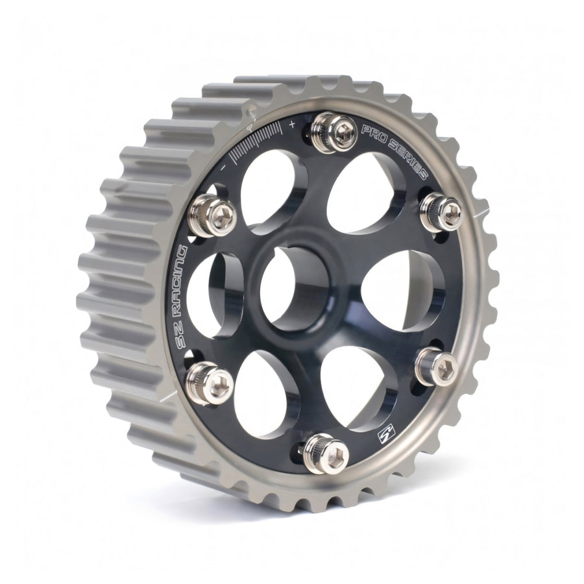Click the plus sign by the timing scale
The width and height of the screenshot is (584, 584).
[x=293, y=123]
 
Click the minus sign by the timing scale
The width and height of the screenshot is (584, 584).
[x=222, y=167]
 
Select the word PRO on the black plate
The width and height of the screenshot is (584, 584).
[x=372, y=136]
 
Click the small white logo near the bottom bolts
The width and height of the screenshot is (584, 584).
[x=385, y=436]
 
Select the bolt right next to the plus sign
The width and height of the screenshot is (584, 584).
[x=333, y=132]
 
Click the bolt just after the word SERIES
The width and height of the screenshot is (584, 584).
[x=442, y=211]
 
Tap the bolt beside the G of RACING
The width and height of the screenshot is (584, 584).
[x=212, y=216]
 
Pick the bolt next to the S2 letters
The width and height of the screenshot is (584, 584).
[x=210, y=383]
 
